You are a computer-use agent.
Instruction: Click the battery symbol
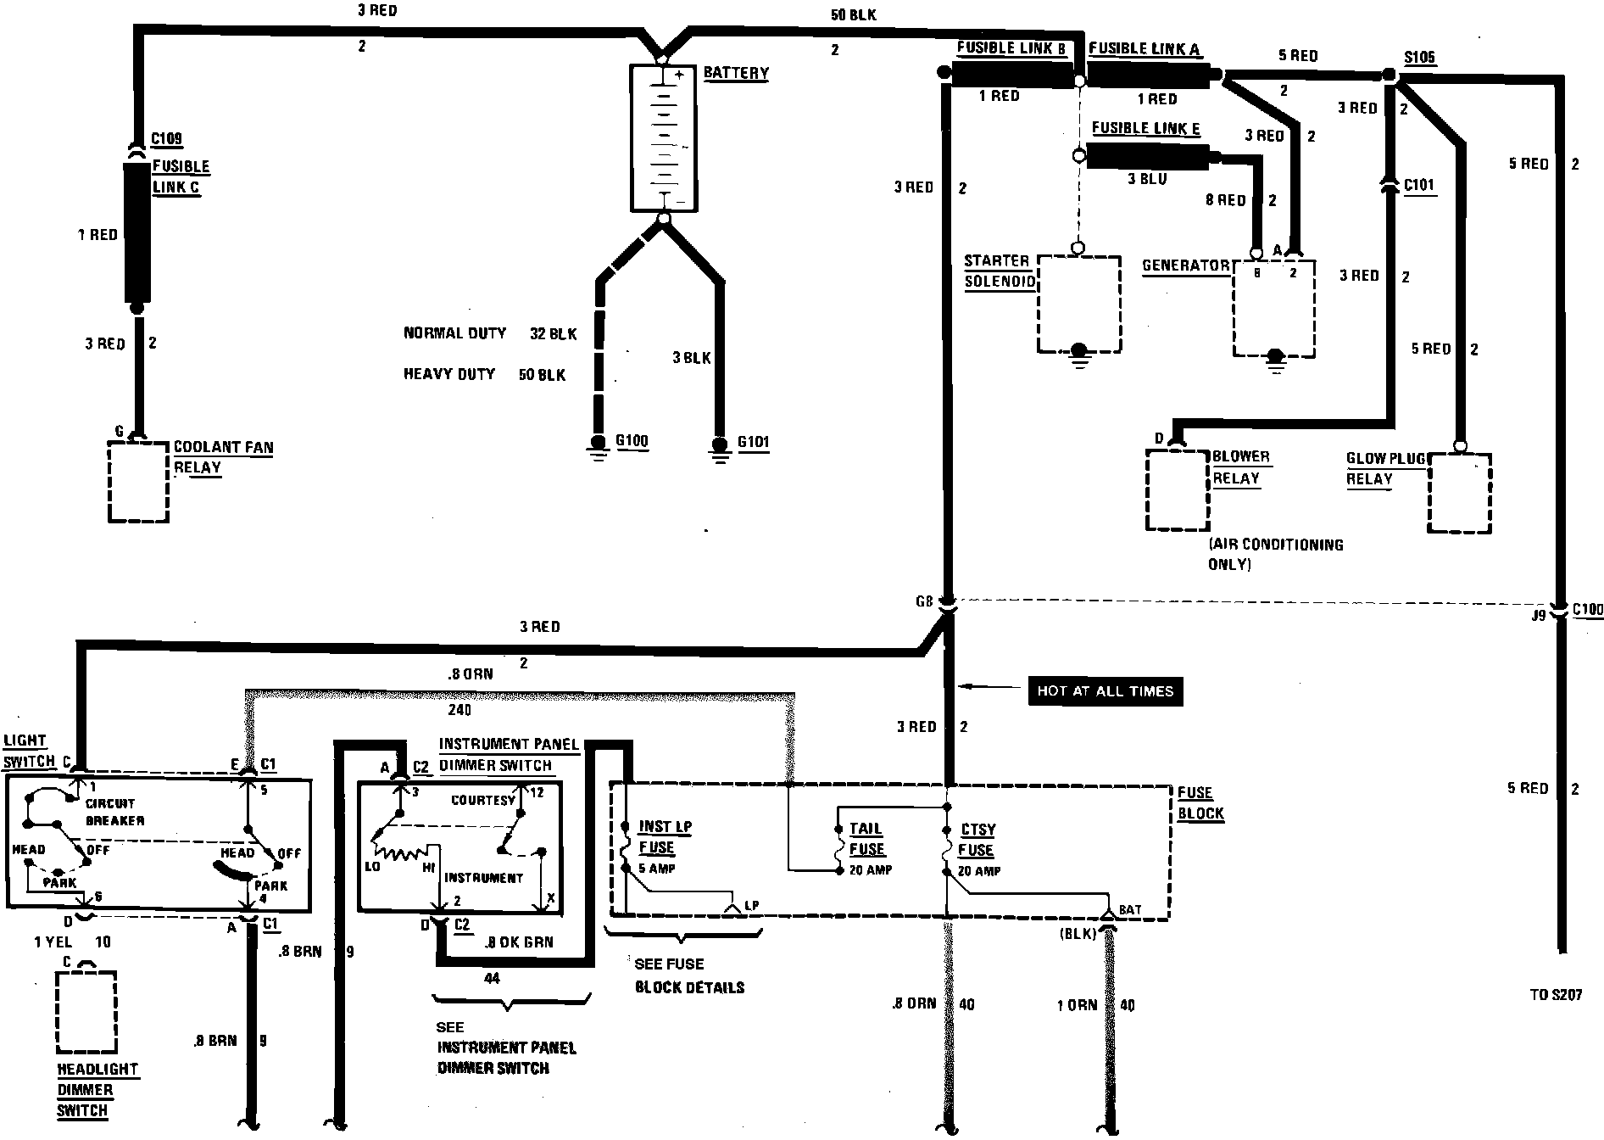(664, 137)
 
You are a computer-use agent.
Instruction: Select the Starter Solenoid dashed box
(1078, 304)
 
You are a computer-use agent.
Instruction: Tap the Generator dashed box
(1273, 309)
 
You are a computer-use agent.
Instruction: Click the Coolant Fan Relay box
(138, 480)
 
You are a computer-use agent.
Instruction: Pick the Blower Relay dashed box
(1177, 489)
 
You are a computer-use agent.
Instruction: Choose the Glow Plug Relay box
(1459, 493)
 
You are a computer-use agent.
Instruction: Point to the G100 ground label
(632, 441)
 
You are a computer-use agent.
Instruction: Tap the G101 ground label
(753, 442)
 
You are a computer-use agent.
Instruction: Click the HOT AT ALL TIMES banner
(1105, 691)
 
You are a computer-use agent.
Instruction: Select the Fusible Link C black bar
(136, 233)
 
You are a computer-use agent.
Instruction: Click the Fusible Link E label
(1145, 128)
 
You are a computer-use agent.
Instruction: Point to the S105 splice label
(1419, 58)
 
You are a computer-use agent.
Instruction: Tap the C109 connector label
(166, 138)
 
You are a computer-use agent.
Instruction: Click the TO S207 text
(1556, 995)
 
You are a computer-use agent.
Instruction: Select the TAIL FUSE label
(866, 839)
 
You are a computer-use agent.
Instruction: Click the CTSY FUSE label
(977, 840)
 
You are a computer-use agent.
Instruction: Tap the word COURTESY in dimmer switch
(482, 800)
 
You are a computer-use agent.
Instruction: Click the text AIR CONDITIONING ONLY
(1275, 554)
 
